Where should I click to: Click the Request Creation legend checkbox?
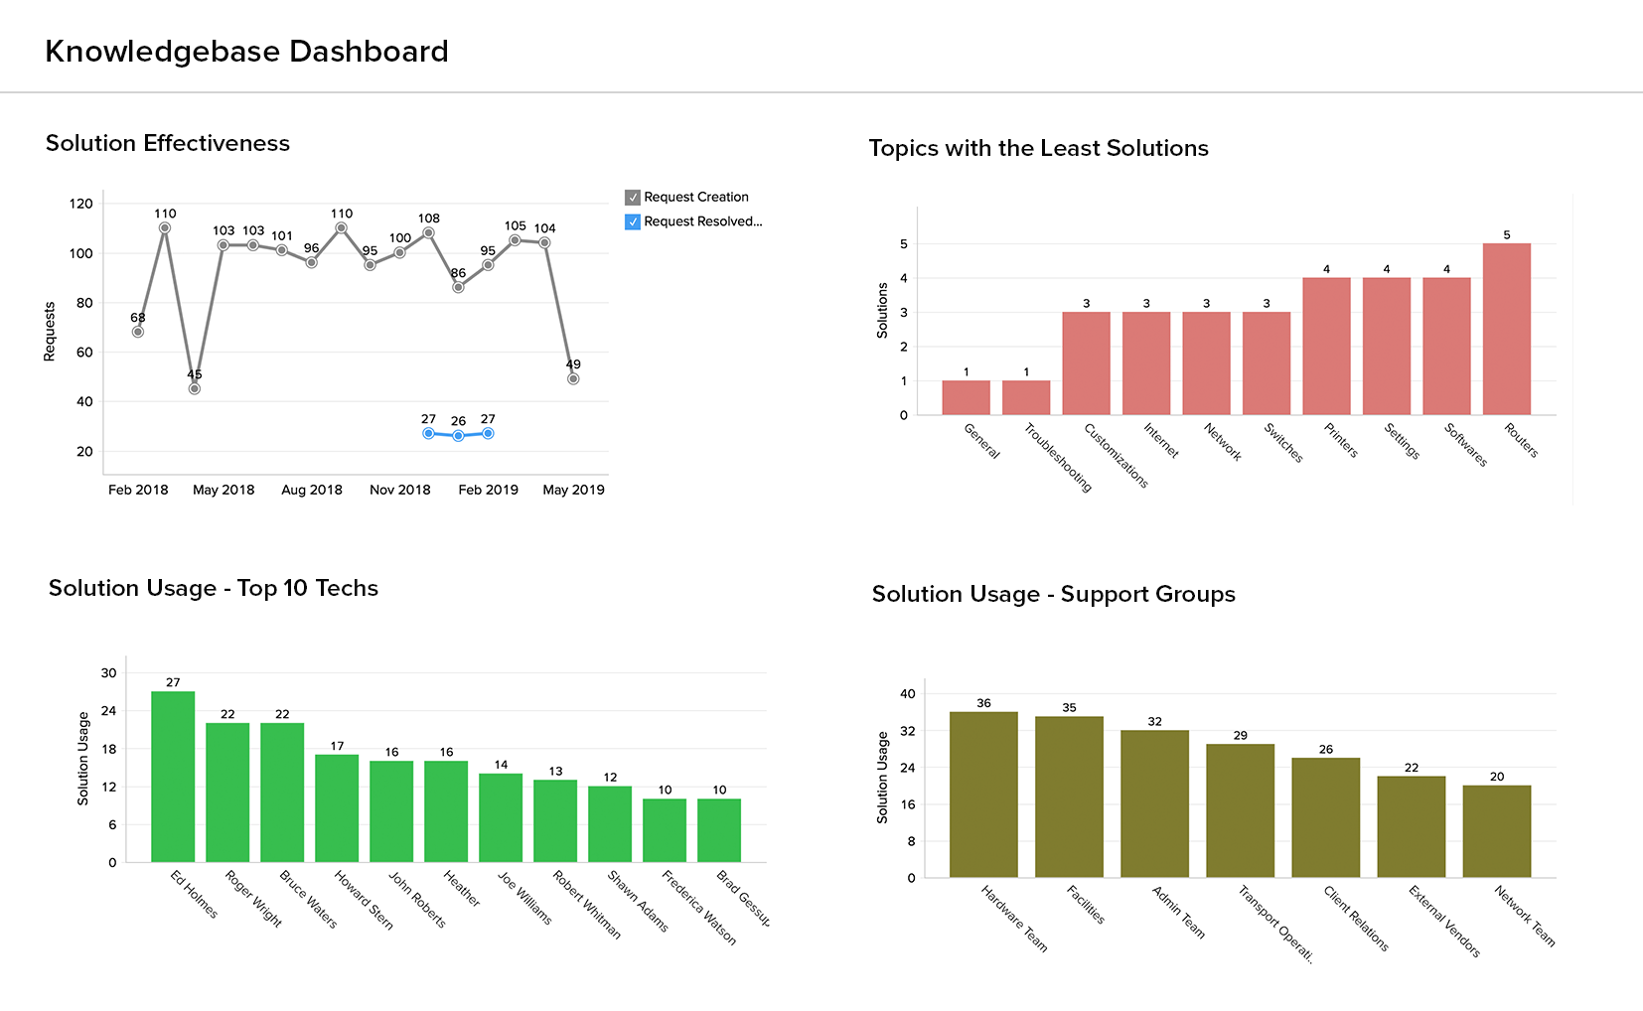tap(633, 198)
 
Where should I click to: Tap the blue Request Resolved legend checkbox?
tap(633, 222)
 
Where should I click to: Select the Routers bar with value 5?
tap(1506, 329)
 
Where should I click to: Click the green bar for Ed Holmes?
tap(173, 777)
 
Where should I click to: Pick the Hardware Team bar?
tap(983, 794)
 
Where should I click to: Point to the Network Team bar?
tap(1496, 831)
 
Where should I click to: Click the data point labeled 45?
tap(195, 388)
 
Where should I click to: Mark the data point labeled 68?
tap(138, 332)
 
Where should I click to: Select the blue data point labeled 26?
tap(458, 436)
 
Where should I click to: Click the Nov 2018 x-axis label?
tap(400, 490)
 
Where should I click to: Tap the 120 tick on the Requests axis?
tap(81, 204)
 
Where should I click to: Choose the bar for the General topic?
tap(966, 397)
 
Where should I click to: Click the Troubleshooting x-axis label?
tap(1058, 458)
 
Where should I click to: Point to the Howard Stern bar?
tap(337, 808)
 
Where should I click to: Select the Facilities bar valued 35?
tap(1069, 796)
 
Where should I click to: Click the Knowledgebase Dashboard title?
tap(246, 52)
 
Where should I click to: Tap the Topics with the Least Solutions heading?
tap(1038, 149)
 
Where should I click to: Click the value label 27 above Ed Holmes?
tap(173, 682)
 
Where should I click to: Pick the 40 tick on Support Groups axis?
tap(907, 694)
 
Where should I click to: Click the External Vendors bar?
tap(1411, 826)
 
